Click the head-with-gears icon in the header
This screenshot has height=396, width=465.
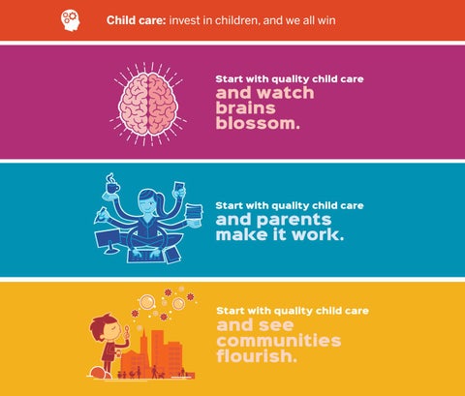point(71,20)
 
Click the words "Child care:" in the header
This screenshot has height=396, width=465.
point(136,20)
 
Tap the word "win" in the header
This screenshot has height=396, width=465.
point(326,20)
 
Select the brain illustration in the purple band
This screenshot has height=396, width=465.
point(148,104)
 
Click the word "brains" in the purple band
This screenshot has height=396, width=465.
point(245,107)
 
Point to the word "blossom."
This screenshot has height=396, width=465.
point(258,123)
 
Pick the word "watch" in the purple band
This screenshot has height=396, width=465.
point(286,93)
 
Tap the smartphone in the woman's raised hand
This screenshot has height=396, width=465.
point(179,188)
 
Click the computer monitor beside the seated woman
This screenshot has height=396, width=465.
point(108,241)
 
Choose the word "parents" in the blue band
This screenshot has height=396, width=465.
point(294,221)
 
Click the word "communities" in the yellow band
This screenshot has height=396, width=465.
point(279,341)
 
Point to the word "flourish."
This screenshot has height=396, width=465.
point(257,355)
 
